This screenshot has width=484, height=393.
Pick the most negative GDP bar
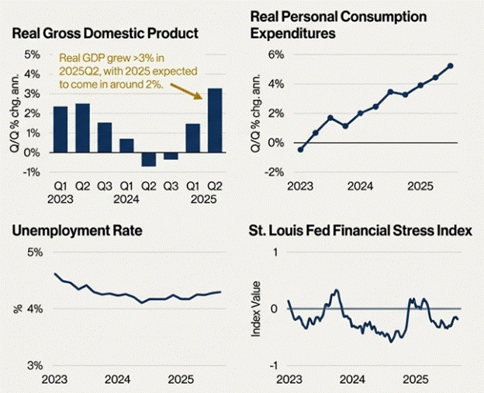(x=148, y=159)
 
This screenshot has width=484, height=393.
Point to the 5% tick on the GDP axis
(x=32, y=54)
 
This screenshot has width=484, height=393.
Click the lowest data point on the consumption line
(x=301, y=149)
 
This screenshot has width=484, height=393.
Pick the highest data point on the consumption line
(x=451, y=65)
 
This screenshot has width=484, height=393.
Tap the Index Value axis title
(x=256, y=308)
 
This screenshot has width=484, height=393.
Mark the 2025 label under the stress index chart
(x=417, y=381)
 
